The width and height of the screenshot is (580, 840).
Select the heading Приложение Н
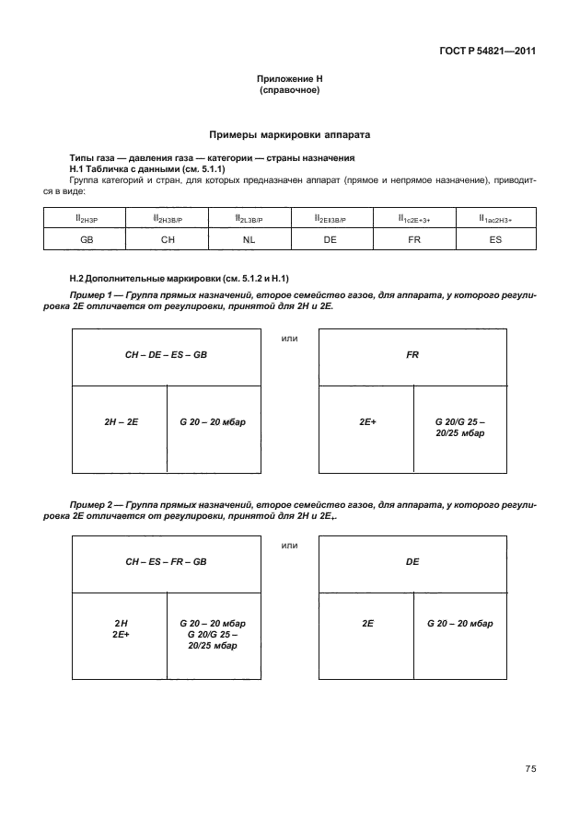pyautogui.click(x=289, y=82)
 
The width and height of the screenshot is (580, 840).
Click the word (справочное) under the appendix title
pyautogui.click(x=289, y=92)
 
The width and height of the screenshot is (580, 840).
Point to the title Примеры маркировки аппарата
pyautogui.click(x=289, y=134)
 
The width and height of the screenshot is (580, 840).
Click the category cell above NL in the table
pyautogui.click(x=249, y=217)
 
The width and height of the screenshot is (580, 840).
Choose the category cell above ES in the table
pyautogui.click(x=494, y=217)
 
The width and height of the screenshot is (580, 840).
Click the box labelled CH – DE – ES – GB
pyautogui.click(x=167, y=353)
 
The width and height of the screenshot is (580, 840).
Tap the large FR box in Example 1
pyautogui.click(x=412, y=353)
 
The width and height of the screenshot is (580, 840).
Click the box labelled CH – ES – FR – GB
pyautogui.click(x=167, y=560)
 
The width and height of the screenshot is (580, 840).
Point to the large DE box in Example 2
pyautogui.click(x=412, y=560)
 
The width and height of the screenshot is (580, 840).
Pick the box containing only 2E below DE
pyautogui.click(x=365, y=624)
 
